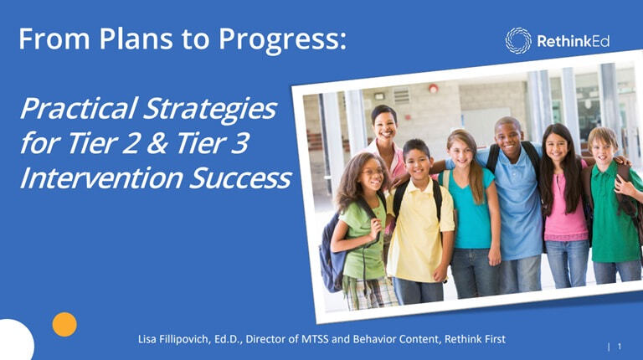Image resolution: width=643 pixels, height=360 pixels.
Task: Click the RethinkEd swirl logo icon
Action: (x=517, y=39)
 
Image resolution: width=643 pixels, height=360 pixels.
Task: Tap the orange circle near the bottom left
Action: (x=64, y=324)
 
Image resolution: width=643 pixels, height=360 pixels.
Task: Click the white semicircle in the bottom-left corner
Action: (x=13, y=342)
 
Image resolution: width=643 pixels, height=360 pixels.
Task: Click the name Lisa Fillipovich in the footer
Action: (x=178, y=338)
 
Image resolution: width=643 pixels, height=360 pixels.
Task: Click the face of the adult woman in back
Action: (x=384, y=126)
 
